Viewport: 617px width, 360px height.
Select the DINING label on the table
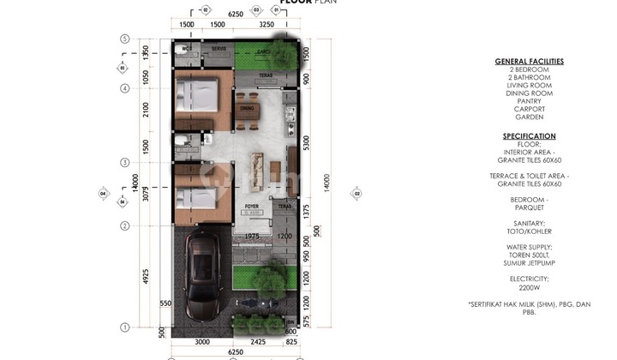247,108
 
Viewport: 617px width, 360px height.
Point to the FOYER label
252,207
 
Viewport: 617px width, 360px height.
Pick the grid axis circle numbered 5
125,39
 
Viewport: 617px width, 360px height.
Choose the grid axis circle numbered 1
125,327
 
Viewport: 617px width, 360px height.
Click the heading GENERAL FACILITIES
529,62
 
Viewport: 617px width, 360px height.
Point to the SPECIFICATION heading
529,136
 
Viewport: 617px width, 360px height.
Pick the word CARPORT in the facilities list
529,110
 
